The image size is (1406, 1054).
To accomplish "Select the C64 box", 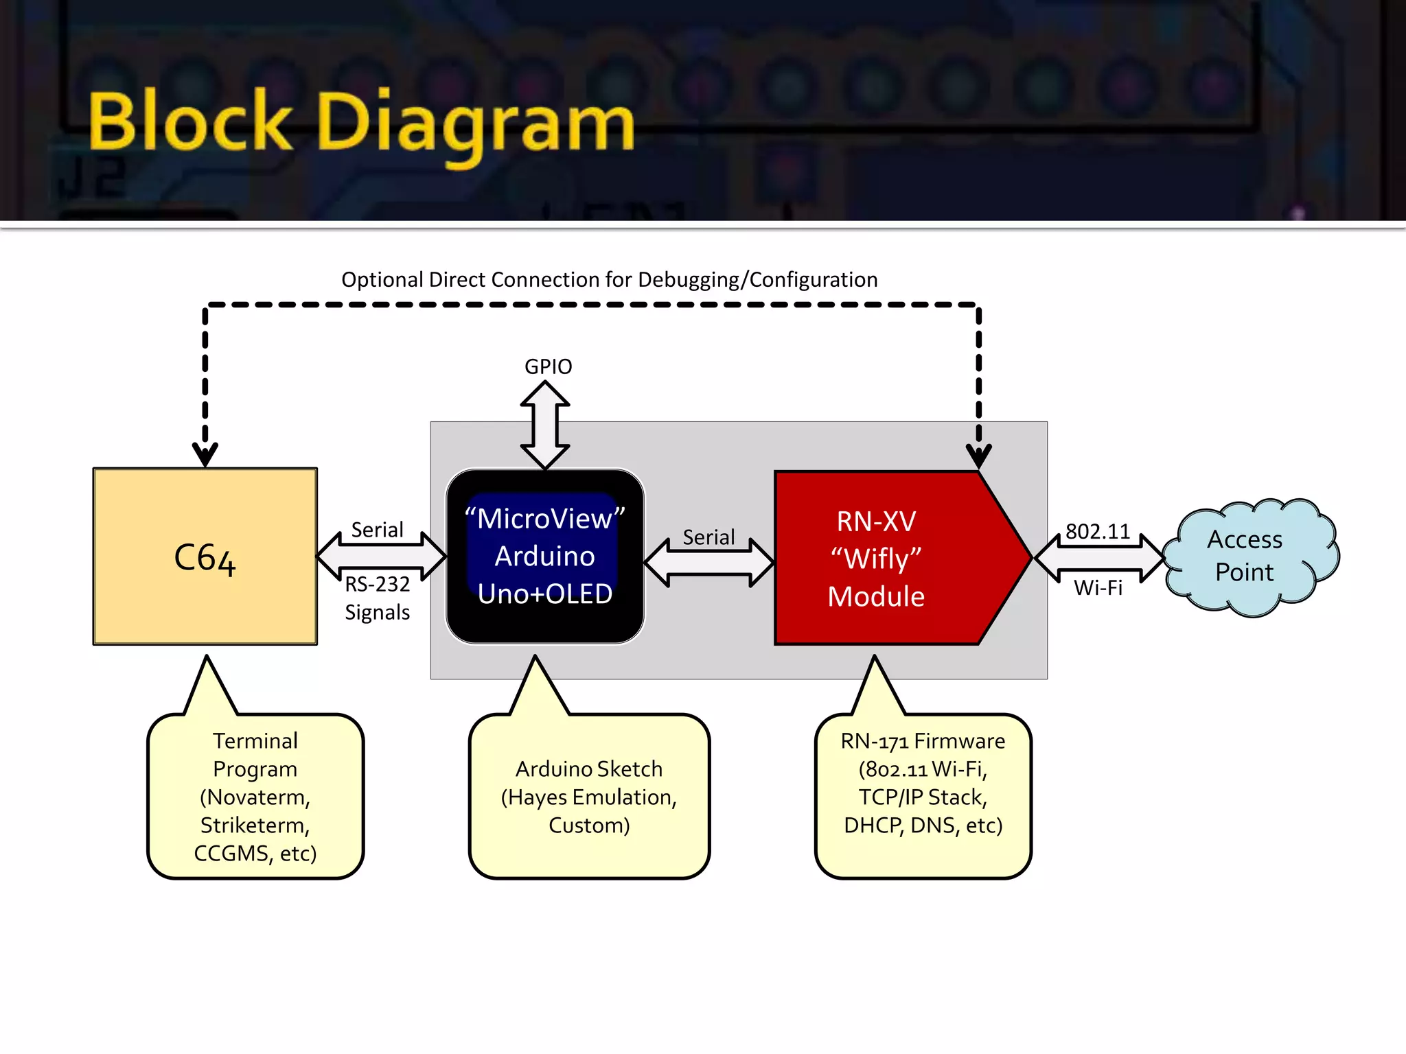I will [x=205, y=557].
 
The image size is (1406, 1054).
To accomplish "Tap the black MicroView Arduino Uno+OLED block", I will [x=545, y=557].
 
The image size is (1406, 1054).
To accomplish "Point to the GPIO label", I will [x=548, y=366].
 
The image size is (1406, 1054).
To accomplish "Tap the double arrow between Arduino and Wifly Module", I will [x=709, y=563].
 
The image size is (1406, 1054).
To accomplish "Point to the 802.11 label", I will [x=1098, y=531].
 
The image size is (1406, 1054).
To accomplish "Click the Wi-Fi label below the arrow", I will [x=1098, y=587].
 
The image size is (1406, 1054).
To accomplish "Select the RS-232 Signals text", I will [x=378, y=598].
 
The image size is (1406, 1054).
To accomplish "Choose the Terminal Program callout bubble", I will [x=255, y=796].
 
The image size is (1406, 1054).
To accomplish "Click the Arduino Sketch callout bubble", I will [x=589, y=796].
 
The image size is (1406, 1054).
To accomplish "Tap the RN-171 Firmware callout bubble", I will [x=923, y=796].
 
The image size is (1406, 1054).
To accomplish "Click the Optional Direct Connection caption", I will [x=610, y=280].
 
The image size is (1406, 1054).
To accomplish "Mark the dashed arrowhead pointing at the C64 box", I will [x=205, y=454].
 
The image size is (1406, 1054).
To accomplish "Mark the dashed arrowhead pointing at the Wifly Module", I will [x=979, y=456].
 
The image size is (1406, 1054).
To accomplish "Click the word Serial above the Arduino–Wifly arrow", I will [x=708, y=537].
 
